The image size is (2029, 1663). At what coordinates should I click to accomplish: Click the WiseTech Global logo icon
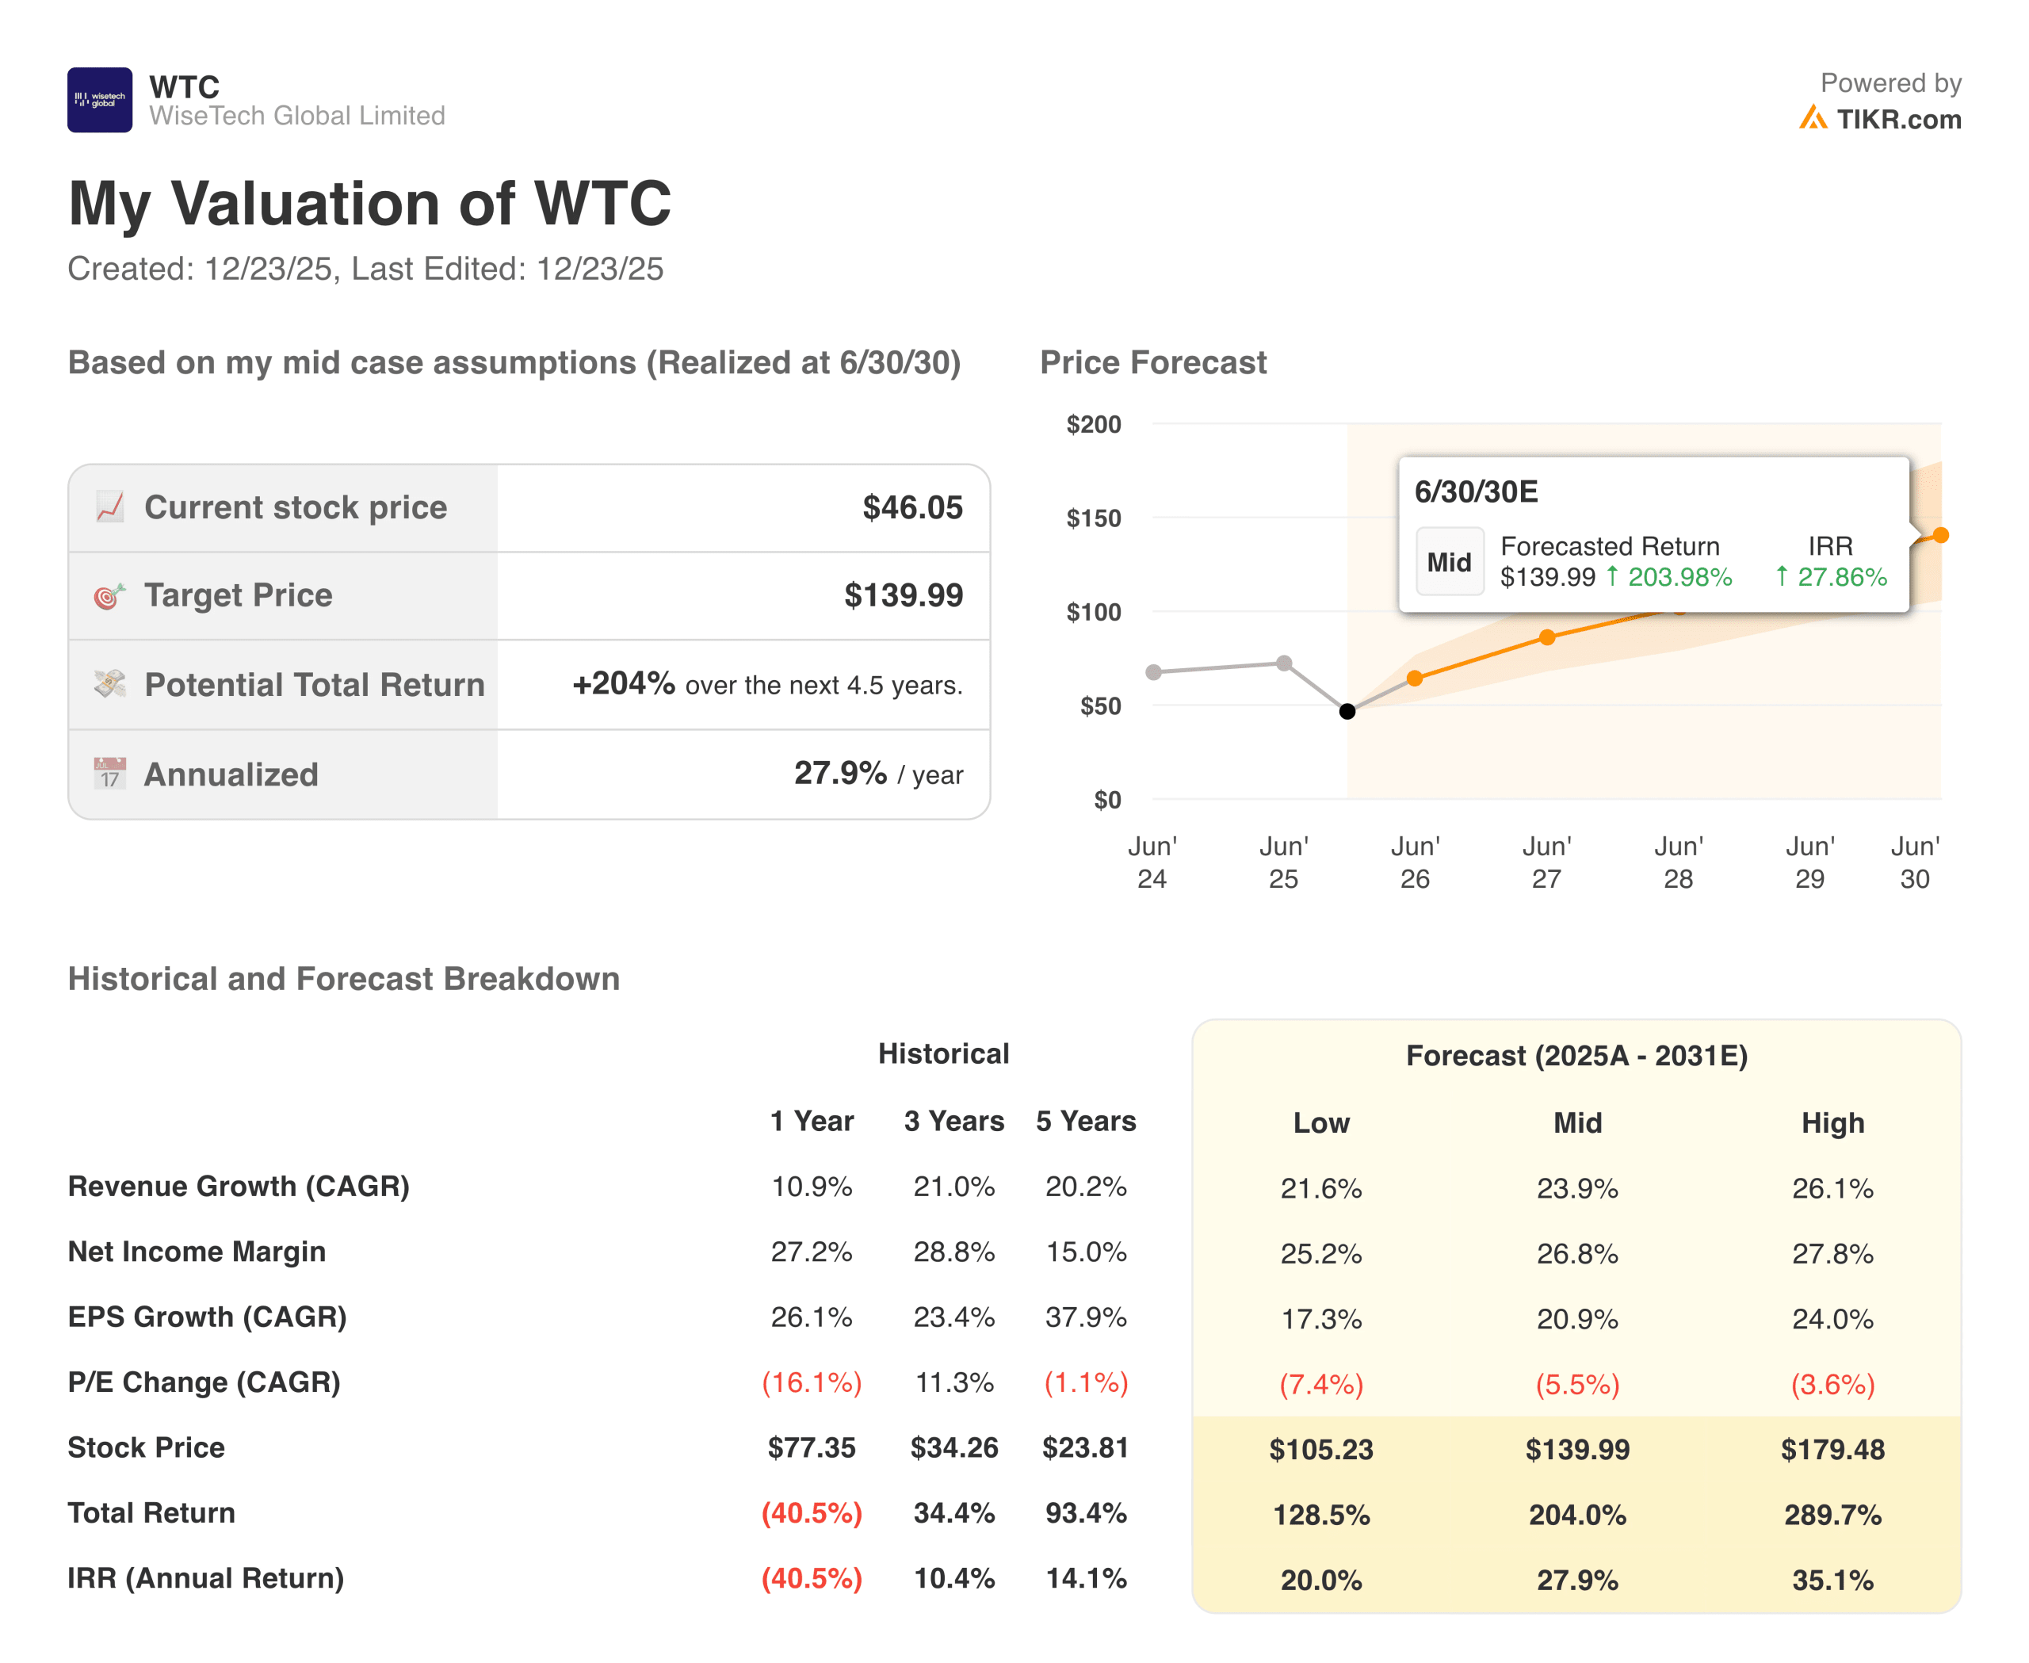click(x=100, y=100)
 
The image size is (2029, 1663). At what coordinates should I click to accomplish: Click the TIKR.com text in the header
click(x=1897, y=120)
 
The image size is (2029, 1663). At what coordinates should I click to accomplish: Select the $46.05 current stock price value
click(x=912, y=508)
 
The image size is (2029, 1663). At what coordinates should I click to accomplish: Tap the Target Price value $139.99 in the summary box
click(x=903, y=596)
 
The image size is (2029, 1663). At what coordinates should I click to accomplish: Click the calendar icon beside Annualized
click(x=110, y=773)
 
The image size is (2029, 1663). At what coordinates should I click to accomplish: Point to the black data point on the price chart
click(x=1347, y=711)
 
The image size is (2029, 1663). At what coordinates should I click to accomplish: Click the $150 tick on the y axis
click(x=1093, y=518)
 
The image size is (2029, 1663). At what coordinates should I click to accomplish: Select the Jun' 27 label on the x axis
click(x=1546, y=862)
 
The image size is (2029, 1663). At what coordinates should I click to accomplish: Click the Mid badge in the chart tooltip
click(x=1449, y=562)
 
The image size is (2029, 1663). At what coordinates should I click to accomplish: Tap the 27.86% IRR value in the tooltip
click(x=1840, y=577)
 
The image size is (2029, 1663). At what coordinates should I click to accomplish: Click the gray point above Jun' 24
click(x=1153, y=672)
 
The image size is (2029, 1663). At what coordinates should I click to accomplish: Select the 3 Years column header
click(x=953, y=1121)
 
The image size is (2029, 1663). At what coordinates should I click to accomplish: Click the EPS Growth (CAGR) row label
click(x=207, y=1317)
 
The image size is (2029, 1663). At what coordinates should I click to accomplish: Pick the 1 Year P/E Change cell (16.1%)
click(x=812, y=1382)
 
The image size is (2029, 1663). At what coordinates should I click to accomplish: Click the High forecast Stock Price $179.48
click(x=1832, y=1449)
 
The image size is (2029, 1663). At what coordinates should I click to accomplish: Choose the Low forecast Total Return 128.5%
click(x=1321, y=1515)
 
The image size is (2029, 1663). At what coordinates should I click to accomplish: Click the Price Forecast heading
click(x=1152, y=363)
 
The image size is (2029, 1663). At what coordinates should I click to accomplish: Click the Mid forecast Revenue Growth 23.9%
click(x=1576, y=1189)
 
